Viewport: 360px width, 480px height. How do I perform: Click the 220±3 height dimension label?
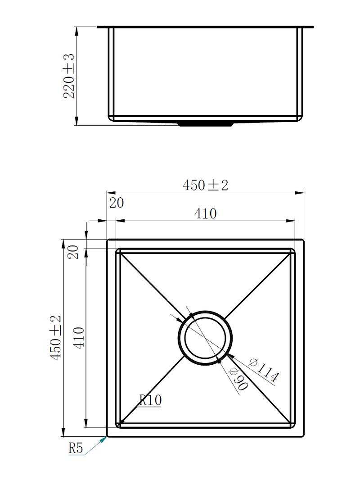click(69, 76)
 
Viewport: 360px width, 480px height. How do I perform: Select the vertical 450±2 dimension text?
click(56, 338)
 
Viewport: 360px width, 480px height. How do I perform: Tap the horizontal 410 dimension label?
click(205, 213)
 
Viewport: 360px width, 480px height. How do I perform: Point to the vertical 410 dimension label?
click(79, 338)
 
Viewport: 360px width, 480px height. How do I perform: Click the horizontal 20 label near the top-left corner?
click(117, 203)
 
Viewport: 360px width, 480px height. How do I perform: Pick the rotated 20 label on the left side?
click(73, 252)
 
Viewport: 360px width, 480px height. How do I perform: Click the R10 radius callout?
click(150, 400)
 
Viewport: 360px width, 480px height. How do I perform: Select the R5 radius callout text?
click(76, 448)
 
